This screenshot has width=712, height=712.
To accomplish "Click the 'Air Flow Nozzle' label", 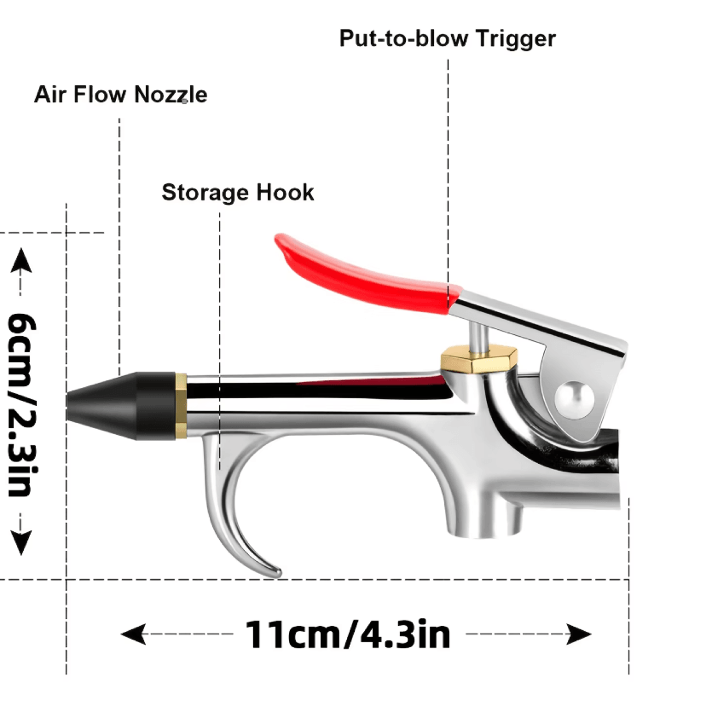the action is click(121, 95).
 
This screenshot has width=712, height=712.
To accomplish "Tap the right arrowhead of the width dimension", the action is click(579, 635).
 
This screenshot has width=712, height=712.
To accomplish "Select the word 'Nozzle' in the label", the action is click(171, 95).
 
